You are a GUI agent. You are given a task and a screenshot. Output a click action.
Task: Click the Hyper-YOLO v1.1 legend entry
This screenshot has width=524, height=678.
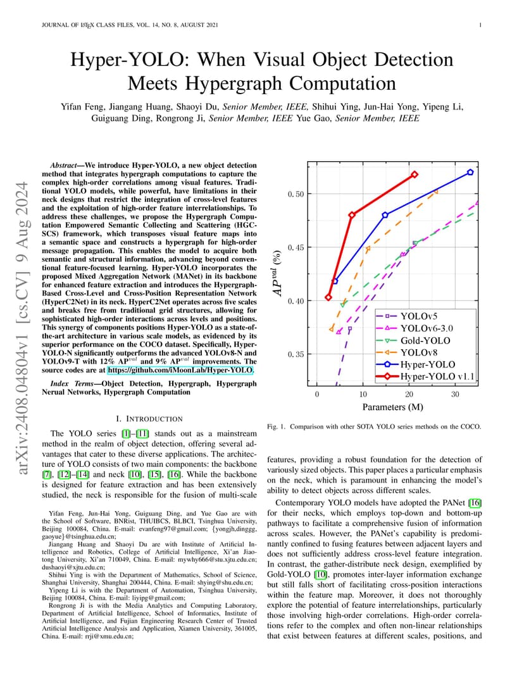click(x=425, y=376)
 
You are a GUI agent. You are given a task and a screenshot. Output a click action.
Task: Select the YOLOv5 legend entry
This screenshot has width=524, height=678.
click(x=407, y=316)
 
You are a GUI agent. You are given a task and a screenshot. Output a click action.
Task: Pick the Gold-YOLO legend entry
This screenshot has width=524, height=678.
click(x=413, y=341)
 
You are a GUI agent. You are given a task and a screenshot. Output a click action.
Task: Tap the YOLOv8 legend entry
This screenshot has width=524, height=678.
click(x=407, y=353)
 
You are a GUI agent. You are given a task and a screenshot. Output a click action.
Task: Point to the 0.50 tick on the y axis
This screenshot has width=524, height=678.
click(x=296, y=194)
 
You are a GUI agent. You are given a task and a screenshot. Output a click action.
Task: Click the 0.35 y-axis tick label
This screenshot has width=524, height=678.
click(x=296, y=355)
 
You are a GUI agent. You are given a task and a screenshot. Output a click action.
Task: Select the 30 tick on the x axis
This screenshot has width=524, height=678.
click(x=455, y=394)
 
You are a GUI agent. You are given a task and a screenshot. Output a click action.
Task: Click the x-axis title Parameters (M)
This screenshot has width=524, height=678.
click(x=393, y=407)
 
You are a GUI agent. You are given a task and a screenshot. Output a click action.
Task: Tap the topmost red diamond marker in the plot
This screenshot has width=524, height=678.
click(x=415, y=175)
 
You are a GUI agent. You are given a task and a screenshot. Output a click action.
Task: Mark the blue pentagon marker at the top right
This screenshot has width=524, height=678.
click(x=470, y=172)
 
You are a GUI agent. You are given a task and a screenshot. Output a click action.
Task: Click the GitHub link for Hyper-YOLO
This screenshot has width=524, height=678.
click(x=180, y=370)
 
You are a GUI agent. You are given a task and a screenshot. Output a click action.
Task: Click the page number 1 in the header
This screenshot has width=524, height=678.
click(x=480, y=25)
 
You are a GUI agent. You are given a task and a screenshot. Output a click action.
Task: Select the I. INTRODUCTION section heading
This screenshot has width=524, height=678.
click(x=149, y=419)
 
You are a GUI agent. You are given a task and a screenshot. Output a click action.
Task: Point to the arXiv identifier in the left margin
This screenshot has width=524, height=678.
click(x=22, y=328)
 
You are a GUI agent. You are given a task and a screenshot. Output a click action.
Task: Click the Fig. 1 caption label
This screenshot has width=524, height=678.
click(x=276, y=427)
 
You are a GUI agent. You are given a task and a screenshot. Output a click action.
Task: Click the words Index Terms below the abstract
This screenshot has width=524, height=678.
click(x=72, y=383)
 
